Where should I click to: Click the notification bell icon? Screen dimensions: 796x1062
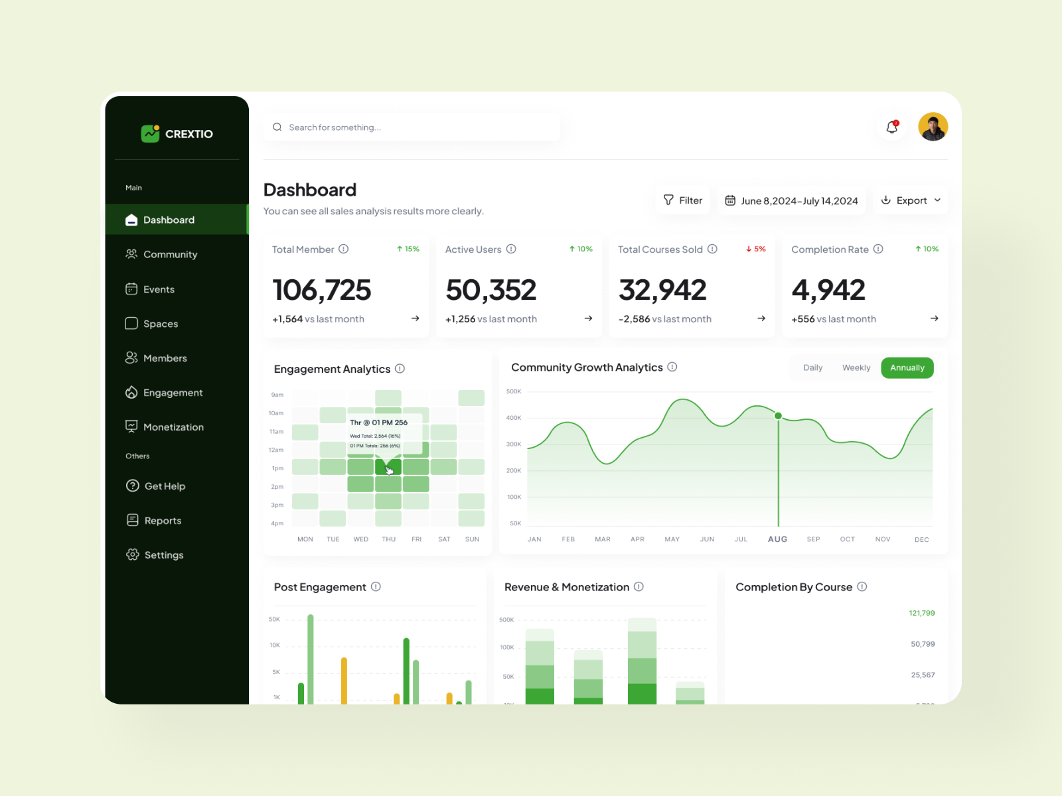pyautogui.click(x=892, y=127)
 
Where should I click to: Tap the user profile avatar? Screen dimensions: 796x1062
pyautogui.click(x=933, y=127)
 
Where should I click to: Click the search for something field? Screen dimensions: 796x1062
pyautogui.click(x=412, y=127)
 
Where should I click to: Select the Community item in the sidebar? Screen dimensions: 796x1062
pyautogui.click(x=170, y=255)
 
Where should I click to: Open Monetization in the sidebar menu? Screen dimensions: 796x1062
pyautogui.click(x=173, y=427)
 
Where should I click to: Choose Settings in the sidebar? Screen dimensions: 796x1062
pyautogui.click(x=163, y=555)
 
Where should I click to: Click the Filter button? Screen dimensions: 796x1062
pyautogui.click(x=682, y=200)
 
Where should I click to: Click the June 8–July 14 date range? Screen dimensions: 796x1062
pyautogui.click(x=791, y=201)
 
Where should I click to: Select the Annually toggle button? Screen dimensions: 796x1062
pyautogui.click(x=907, y=368)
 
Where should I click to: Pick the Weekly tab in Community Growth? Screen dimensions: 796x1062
pyautogui.click(x=856, y=368)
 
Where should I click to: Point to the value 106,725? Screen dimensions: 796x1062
pyautogui.click(x=322, y=291)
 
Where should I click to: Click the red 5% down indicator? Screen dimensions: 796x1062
pyautogui.click(x=755, y=249)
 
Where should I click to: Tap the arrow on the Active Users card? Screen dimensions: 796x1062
pyautogui.click(x=588, y=318)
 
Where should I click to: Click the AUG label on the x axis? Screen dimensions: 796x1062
pyautogui.click(x=777, y=539)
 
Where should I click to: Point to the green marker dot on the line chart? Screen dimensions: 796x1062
pyautogui.click(x=778, y=416)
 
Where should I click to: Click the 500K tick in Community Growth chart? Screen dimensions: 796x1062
pyautogui.click(x=514, y=391)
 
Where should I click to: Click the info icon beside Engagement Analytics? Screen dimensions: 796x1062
pyautogui.click(x=400, y=369)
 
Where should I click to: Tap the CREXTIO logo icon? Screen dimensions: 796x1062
pyautogui.click(x=151, y=133)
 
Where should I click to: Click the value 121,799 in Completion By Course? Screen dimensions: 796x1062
pyautogui.click(x=921, y=613)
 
